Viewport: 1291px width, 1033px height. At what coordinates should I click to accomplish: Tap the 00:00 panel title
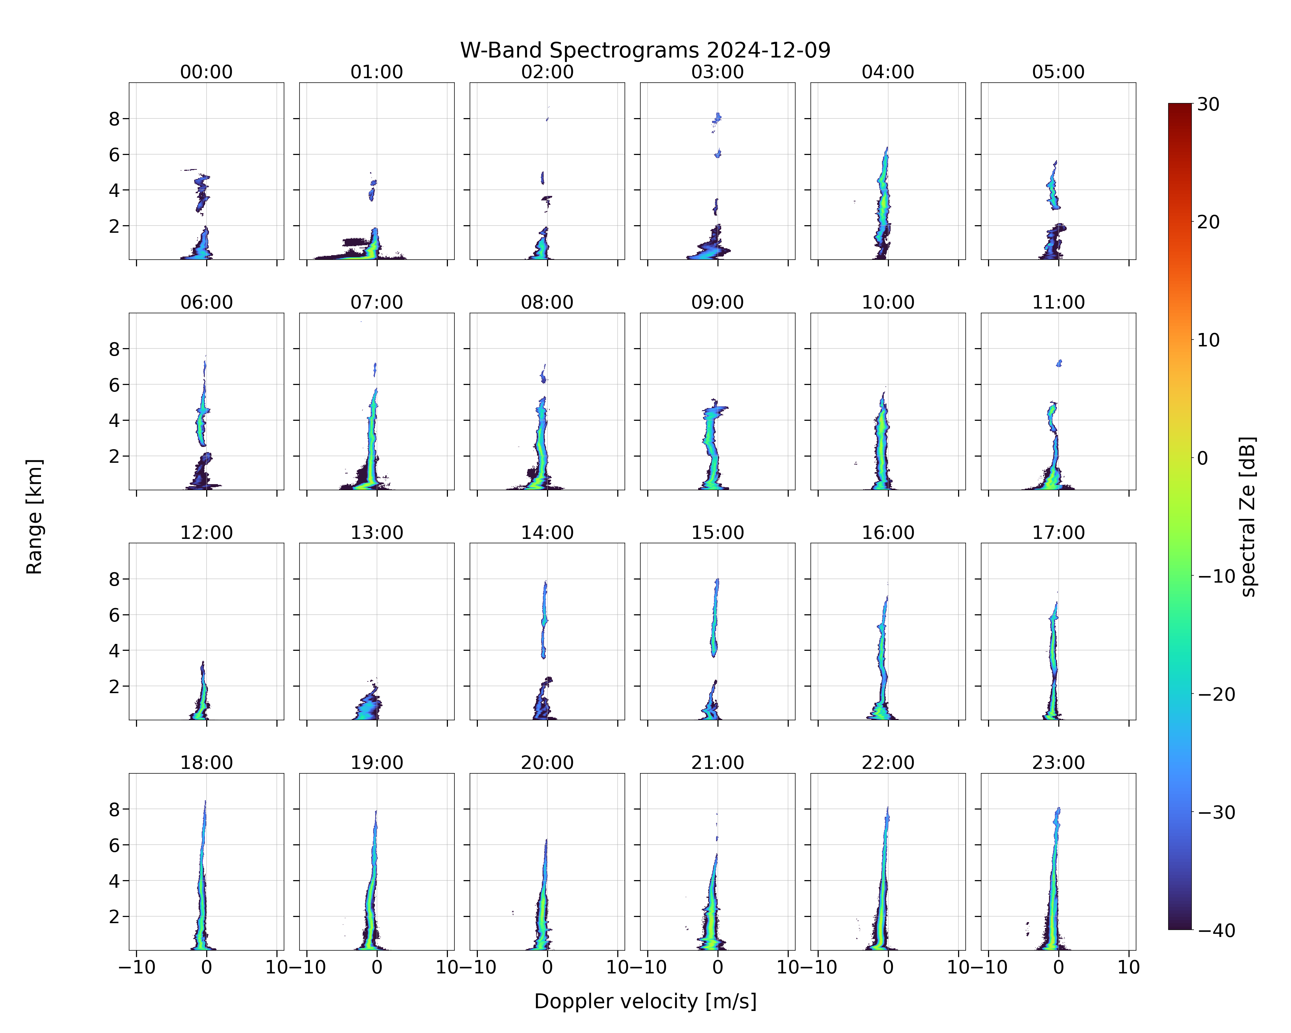pos(207,72)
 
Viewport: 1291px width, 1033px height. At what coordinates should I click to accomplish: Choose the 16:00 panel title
pos(888,532)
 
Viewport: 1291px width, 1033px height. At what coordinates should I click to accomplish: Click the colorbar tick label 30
pos(1208,104)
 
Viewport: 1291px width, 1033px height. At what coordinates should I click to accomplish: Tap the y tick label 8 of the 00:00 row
pos(114,119)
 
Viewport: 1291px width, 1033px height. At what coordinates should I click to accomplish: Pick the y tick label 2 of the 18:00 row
pos(114,917)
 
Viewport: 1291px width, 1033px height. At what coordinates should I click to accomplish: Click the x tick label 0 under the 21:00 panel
pos(717,967)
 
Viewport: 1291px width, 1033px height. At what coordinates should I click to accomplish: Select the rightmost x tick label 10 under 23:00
pos(1129,967)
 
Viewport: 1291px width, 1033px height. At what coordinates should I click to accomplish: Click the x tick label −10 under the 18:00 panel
pos(137,967)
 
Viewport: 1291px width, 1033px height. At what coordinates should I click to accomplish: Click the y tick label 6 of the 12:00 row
pos(114,615)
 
